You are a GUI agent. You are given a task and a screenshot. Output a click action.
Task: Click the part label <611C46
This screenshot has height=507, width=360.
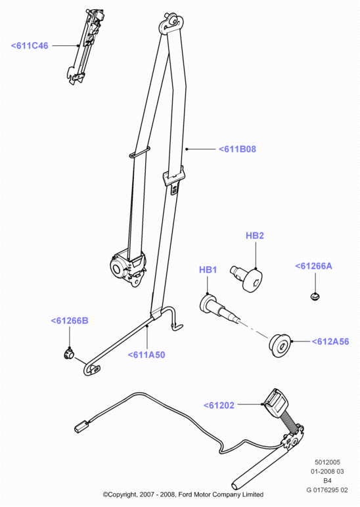(x=30, y=45)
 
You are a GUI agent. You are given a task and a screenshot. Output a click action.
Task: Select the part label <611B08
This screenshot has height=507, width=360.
(x=237, y=149)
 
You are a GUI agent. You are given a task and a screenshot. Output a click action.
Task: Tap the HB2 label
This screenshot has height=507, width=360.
(x=254, y=235)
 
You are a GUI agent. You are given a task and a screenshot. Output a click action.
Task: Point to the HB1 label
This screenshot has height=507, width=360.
(x=208, y=269)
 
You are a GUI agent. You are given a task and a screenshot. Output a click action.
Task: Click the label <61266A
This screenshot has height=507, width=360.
(x=313, y=266)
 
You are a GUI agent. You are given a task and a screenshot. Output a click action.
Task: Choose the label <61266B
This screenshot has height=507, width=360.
(x=70, y=320)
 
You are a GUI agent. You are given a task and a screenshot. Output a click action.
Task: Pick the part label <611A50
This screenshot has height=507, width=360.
(x=146, y=355)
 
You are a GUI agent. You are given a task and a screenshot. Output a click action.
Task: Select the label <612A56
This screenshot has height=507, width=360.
(x=330, y=342)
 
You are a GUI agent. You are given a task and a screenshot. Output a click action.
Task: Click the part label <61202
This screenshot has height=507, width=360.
(x=219, y=405)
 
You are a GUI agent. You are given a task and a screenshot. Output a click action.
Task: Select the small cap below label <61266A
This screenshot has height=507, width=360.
(x=315, y=296)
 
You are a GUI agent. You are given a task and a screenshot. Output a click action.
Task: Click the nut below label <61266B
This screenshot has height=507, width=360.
(x=68, y=354)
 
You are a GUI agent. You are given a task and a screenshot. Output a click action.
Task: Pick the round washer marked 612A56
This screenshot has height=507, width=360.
(x=280, y=345)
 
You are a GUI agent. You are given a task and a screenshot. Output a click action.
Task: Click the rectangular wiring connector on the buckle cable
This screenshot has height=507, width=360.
(x=81, y=426)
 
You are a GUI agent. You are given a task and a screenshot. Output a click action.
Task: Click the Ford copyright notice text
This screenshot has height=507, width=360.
(x=183, y=495)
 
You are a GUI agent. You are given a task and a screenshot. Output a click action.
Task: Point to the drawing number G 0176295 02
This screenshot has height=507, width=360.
(x=327, y=490)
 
